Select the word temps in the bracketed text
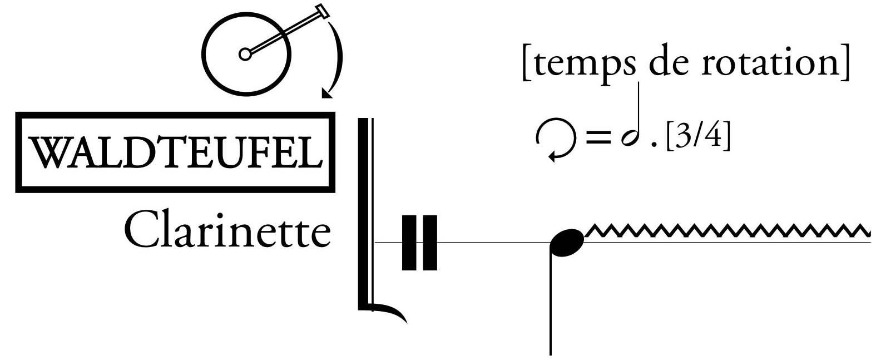tap(581, 63)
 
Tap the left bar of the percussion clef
tap(409, 243)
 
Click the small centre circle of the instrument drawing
tap(244, 54)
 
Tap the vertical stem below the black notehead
tap(551, 306)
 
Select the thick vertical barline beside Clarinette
tap(363, 211)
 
